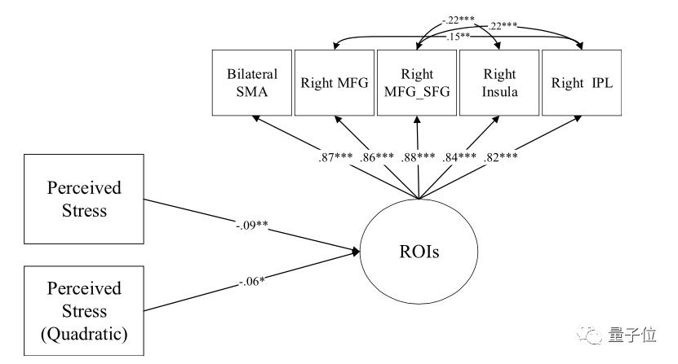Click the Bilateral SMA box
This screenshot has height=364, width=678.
click(251, 82)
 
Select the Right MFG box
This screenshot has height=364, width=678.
click(335, 82)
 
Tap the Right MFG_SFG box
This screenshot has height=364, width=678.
click(417, 82)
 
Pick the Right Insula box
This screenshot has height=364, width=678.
click(499, 82)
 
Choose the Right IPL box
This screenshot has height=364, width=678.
click(582, 82)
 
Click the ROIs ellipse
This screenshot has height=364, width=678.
click(419, 252)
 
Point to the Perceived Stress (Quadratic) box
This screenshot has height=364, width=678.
click(84, 311)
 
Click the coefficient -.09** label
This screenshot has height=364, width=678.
click(251, 225)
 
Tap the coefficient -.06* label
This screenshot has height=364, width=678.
click(251, 282)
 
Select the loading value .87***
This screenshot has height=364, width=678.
click(335, 157)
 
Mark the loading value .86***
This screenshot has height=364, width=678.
click(377, 157)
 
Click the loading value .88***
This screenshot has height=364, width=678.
click(418, 157)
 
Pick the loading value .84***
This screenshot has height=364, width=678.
click(459, 157)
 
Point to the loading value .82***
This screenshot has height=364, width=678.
click(500, 157)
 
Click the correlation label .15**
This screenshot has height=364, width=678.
click(458, 37)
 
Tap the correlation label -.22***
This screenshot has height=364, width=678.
click(459, 20)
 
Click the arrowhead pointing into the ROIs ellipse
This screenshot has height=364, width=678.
click(356, 252)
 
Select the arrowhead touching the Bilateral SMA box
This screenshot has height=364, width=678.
click(256, 118)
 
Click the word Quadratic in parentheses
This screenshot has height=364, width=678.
click(84, 334)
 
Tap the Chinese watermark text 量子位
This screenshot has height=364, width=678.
click(632, 335)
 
